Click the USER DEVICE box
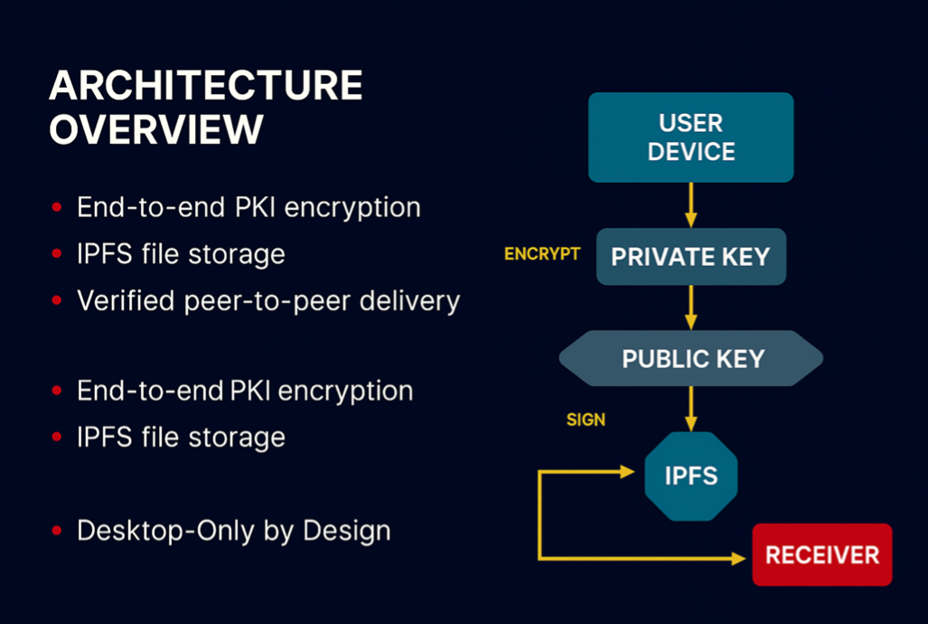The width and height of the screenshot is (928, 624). [x=690, y=137]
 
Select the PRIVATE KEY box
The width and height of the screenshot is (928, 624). [x=690, y=257]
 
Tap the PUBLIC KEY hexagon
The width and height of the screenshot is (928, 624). [x=691, y=359]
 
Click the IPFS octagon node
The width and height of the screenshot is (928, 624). [x=691, y=476]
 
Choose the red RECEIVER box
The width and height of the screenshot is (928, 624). [x=821, y=554]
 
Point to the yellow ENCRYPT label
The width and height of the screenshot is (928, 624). [x=542, y=254]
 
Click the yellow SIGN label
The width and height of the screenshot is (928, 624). [x=586, y=420]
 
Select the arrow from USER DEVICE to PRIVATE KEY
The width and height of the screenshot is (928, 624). [x=691, y=205]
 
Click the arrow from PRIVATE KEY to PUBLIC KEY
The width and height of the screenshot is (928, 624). [x=691, y=307]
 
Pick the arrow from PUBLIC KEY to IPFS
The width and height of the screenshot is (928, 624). [x=691, y=409]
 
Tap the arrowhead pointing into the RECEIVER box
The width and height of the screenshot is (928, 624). [x=738, y=559]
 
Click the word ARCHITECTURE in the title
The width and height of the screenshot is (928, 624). [x=205, y=86]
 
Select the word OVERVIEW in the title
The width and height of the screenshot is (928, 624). [x=155, y=130]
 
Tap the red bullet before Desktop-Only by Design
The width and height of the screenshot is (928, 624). [x=57, y=531]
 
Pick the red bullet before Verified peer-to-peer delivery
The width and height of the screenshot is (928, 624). [x=57, y=300]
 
